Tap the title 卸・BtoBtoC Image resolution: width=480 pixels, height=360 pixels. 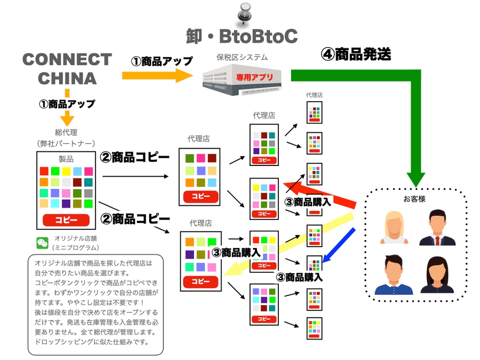click(x=242, y=36)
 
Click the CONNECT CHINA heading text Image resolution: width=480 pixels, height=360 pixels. click(x=67, y=68)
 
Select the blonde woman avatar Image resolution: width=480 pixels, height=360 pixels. click(x=393, y=227)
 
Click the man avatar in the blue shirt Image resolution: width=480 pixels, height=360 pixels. click(x=393, y=275)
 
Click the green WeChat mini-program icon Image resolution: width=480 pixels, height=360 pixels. click(x=42, y=243)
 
